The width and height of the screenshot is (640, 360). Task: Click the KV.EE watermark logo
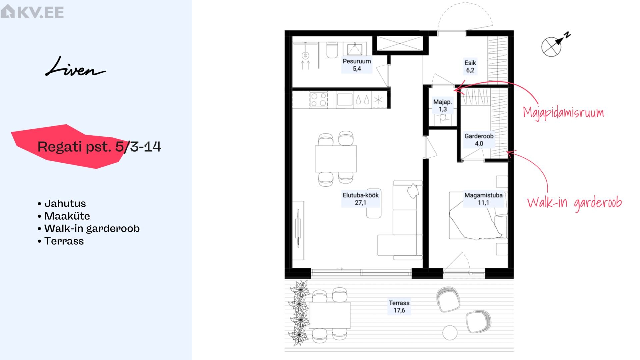(x=32, y=12)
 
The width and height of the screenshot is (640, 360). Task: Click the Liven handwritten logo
(x=75, y=67)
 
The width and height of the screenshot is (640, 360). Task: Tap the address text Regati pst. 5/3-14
(x=99, y=147)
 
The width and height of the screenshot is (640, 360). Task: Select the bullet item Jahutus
(x=62, y=203)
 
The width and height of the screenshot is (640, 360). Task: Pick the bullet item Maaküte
(x=64, y=216)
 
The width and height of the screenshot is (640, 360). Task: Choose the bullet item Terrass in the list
(x=61, y=241)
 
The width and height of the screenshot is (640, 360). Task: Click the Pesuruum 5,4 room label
(x=357, y=65)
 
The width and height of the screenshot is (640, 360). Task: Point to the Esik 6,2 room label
(x=470, y=66)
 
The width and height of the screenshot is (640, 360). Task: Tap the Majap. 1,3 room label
(x=442, y=106)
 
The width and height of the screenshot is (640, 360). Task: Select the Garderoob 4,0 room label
(x=479, y=140)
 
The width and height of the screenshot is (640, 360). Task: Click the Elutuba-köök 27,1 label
(x=361, y=199)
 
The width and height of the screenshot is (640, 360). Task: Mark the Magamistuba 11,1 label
(x=483, y=199)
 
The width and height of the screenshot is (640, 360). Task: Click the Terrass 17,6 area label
(x=399, y=307)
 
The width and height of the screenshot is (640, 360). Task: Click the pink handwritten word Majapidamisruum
(x=563, y=113)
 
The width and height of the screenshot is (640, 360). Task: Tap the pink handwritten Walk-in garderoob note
(x=574, y=203)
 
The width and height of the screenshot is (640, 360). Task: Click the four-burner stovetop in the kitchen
(x=318, y=100)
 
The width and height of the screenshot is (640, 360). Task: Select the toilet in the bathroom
(x=332, y=50)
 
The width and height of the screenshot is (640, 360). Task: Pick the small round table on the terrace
(x=450, y=333)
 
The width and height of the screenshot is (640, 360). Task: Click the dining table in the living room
(x=336, y=159)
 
